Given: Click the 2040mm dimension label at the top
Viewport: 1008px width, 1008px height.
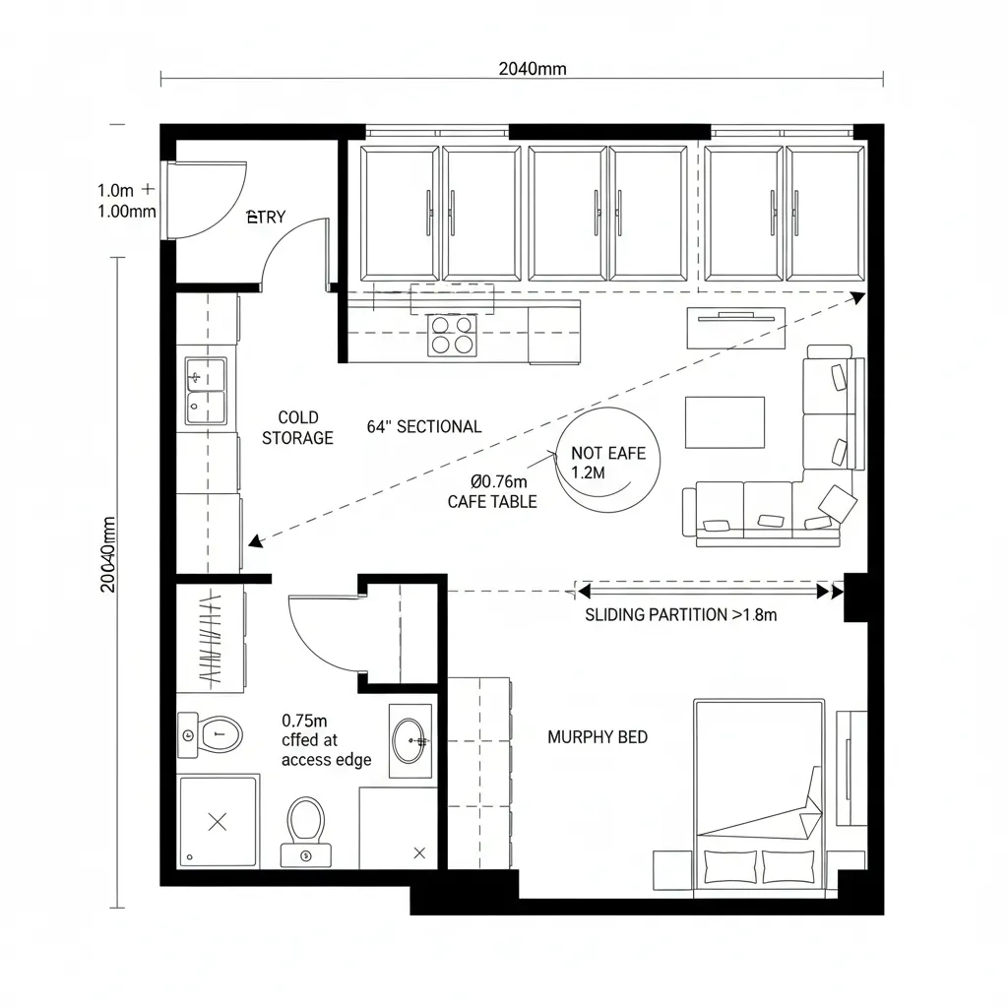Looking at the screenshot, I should [x=532, y=69].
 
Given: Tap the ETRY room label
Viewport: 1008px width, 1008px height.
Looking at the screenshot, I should [x=265, y=218].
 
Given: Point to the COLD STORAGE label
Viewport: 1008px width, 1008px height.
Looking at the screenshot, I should [x=297, y=428].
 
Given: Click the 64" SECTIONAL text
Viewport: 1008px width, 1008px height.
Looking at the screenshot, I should [x=424, y=426].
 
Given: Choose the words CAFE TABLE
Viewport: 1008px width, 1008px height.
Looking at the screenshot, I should [x=492, y=502].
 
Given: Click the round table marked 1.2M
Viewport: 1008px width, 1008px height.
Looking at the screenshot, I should [x=607, y=460].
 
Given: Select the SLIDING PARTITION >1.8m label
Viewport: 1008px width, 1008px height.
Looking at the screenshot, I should [x=681, y=615].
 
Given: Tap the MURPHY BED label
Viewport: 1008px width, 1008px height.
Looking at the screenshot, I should [x=598, y=736].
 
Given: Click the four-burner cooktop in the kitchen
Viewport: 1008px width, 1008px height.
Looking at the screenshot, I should [x=452, y=335].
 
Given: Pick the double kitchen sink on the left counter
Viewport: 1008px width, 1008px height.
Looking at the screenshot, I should [x=205, y=391].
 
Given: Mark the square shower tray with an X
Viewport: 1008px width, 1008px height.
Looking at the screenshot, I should [x=219, y=820].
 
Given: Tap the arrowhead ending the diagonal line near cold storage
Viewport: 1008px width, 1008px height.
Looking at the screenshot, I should [x=254, y=540].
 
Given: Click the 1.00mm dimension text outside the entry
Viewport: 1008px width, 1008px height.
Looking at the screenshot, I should [x=127, y=212].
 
